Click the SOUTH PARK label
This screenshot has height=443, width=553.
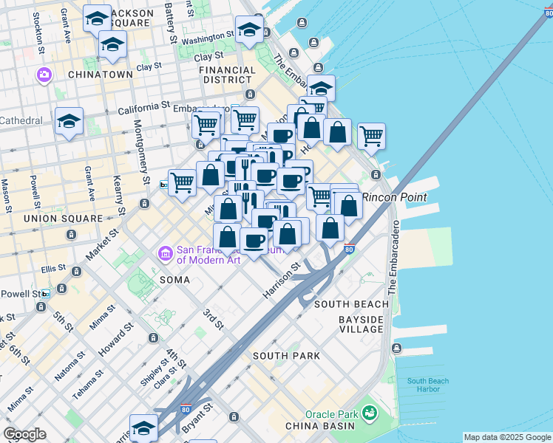[x=286, y=356]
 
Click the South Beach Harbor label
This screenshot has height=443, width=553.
[x=427, y=385]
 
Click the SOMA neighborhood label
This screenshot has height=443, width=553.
[x=174, y=281]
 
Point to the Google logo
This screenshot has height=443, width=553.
[x=24, y=434]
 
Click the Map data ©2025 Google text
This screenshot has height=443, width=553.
[x=507, y=437]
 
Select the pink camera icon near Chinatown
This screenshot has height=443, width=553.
[x=44, y=75]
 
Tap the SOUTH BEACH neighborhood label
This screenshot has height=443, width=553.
[x=351, y=304]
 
